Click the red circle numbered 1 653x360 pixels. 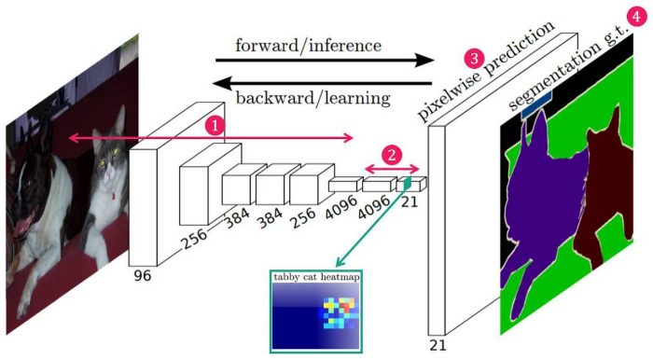pos(215,125)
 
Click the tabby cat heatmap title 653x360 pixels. pos(315,276)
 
